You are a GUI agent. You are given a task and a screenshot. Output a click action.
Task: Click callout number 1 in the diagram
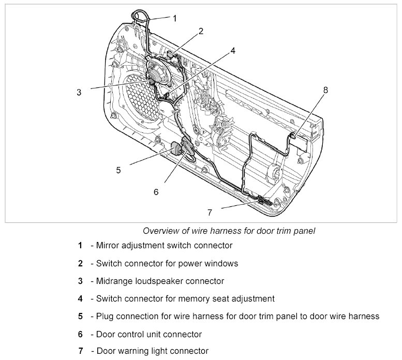point(174,18)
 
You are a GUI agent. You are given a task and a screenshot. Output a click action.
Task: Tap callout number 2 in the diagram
point(201,31)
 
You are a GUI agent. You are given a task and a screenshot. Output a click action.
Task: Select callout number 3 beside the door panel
point(79,93)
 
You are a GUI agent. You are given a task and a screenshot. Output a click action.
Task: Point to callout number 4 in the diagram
point(233,51)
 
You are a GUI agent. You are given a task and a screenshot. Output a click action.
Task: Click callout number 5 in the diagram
point(118,169)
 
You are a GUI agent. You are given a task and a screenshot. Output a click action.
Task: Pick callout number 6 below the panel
point(156,191)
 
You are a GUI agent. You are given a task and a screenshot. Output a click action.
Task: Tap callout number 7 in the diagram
point(210,212)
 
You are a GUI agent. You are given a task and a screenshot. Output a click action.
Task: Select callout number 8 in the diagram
point(325,89)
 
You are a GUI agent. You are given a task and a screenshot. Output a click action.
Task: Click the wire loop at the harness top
point(140,16)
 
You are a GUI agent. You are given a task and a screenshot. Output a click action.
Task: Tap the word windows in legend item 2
point(220,263)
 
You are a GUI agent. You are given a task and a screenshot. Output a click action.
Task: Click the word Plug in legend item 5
point(105,316)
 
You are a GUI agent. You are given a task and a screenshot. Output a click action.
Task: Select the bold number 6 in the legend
point(81,334)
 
